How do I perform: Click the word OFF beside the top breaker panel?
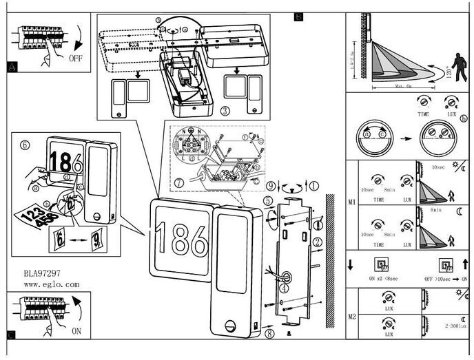[76, 59]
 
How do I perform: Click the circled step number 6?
[25, 145]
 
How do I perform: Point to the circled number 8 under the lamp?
[269, 333]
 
